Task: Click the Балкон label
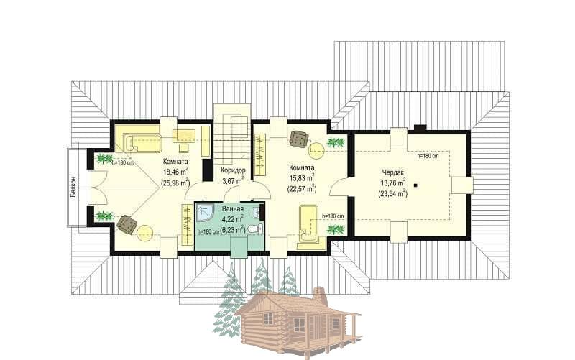click(x=74, y=187)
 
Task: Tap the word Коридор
click(x=233, y=170)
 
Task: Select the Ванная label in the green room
click(x=233, y=209)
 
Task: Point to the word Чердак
click(x=392, y=172)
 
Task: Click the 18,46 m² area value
click(x=175, y=171)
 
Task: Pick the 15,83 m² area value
click(x=302, y=178)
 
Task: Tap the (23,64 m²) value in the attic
click(x=392, y=193)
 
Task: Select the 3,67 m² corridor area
click(x=233, y=181)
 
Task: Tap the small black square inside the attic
click(x=415, y=185)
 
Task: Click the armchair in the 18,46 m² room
click(x=126, y=224)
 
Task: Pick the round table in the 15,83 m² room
click(x=317, y=150)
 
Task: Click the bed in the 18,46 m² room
click(x=142, y=143)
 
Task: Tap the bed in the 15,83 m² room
click(x=308, y=224)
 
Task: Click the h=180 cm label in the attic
click(x=428, y=156)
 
